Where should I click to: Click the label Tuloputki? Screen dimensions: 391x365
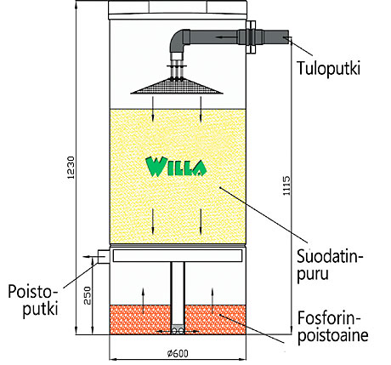328,68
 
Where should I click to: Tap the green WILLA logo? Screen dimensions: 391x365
176,167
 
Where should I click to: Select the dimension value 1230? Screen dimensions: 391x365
71,168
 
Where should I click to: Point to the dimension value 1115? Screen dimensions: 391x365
286,185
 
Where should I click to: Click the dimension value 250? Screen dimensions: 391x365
88,295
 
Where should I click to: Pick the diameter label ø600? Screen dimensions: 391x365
178,353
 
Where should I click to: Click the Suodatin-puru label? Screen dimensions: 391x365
330,265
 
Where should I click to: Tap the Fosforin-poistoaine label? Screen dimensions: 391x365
332,327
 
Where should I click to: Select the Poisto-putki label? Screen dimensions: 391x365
33,300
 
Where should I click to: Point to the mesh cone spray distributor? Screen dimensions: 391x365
176,86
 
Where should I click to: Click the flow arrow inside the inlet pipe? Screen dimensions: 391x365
224,37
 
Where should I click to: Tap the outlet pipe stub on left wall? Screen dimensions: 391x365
104,256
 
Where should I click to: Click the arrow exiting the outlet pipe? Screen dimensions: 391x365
90,257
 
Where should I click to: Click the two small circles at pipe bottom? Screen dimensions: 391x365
178,331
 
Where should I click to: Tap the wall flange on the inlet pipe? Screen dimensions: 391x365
251,37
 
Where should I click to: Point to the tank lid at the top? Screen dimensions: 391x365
178,10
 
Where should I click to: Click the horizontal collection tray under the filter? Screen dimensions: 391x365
178,255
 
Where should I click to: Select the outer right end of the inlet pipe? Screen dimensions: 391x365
288,37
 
